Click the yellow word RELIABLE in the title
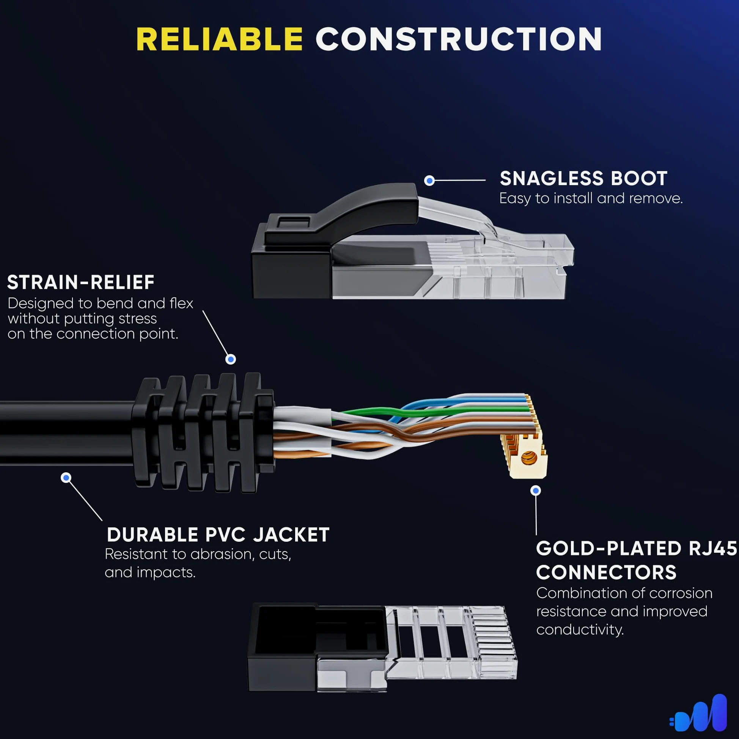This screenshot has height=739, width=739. tap(220, 39)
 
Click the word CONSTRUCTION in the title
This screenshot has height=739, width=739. tap(459, 39)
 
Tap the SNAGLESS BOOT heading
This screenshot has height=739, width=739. tap(583, 178)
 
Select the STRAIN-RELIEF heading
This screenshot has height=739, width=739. tap(81, 282)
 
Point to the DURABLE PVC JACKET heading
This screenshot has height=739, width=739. tap(218, 535)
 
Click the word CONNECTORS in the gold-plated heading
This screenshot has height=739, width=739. tap(606, 572)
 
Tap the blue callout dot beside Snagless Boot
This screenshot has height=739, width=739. tap(429, 181)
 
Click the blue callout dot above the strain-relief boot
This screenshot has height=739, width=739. tap(231, 359)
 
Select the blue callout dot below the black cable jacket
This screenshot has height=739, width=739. tap(66, 477)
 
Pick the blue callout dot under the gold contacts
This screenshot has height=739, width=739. tap(536, 491)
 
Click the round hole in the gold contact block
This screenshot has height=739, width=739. tap(529, 456)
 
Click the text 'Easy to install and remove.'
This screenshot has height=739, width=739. tap(591, 198)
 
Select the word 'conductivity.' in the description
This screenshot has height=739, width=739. tap(580, 629)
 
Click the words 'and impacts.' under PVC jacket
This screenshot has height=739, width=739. tap(150, 572)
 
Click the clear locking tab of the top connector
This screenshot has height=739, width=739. tap(459, 218)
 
